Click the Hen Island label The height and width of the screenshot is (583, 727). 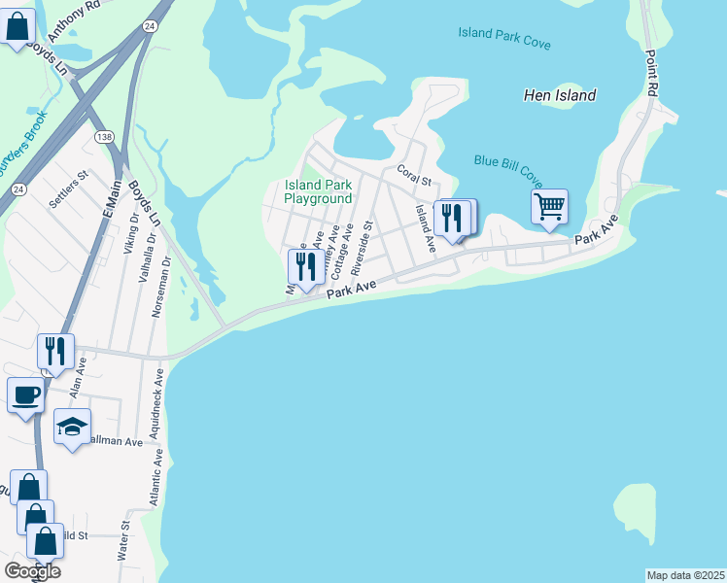coord(559,96)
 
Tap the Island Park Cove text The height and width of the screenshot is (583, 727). coord(504,39)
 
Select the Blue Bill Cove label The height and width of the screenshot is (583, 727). coord(507,167)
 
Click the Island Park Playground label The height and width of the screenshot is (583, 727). coord(318,191)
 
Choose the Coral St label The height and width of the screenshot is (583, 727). coord(413,175)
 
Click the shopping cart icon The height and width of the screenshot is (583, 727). coord(549,206)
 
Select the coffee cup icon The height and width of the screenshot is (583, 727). coord(25,394)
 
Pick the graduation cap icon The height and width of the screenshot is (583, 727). coord(73,426)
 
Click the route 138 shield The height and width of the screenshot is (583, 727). coord(103,137)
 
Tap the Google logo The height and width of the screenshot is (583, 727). coord(32,571)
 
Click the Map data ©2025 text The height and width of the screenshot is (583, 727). coord(685,575)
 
